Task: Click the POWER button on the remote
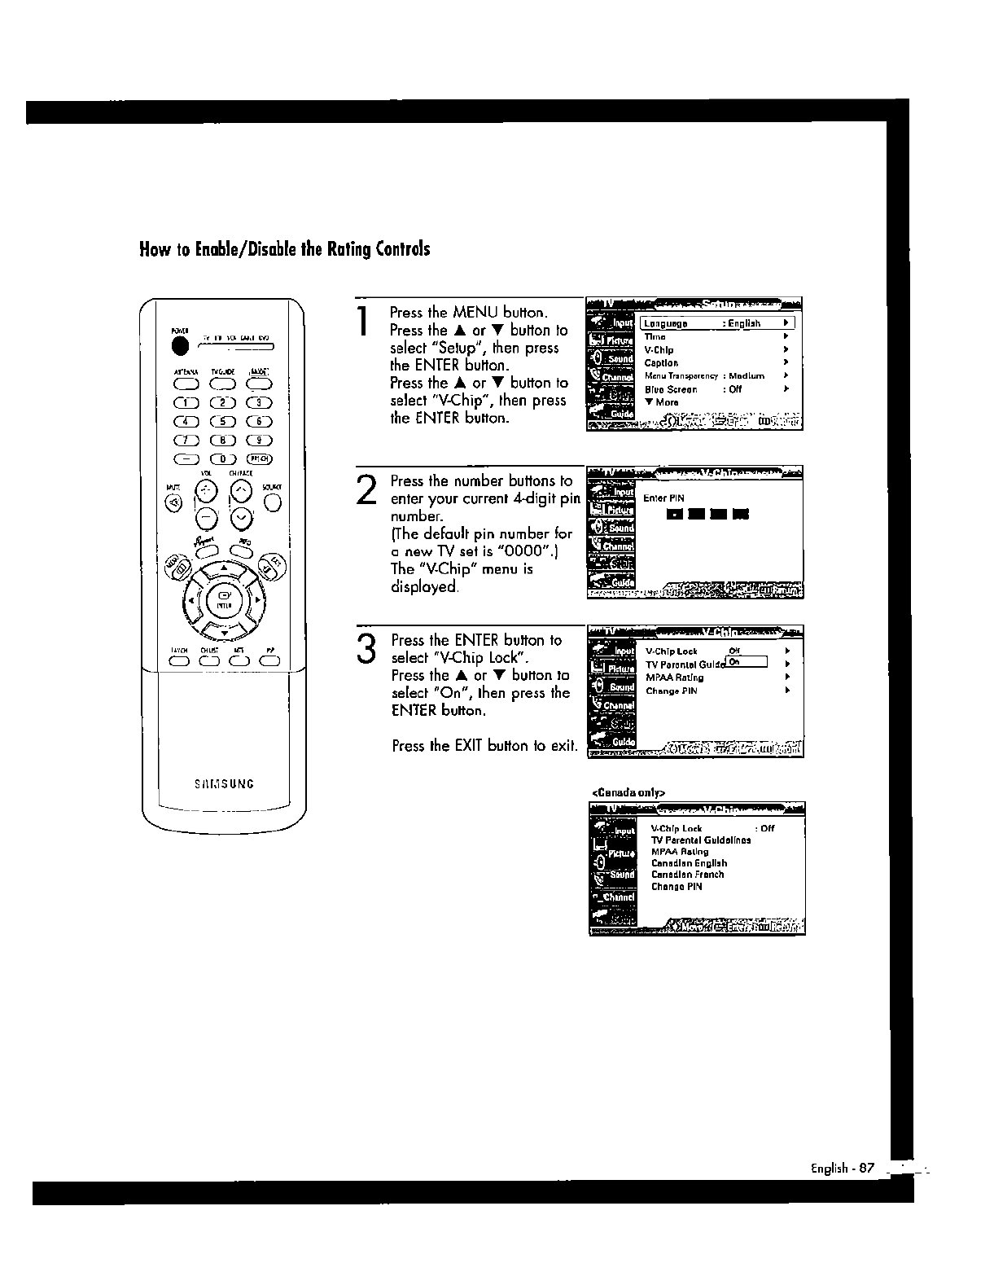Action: (179, 345)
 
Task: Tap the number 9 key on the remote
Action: (259, 440)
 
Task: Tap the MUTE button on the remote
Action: (173, 502)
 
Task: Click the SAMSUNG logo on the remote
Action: (225, 784)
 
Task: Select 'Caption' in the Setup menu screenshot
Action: (661, 363)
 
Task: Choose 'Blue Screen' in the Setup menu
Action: (671, 389)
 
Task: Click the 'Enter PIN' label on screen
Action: (663, 498)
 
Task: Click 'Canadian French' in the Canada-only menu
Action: (687, 875)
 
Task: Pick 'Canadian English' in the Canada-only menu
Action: (689, 863)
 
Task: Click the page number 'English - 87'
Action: (841, 1168)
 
